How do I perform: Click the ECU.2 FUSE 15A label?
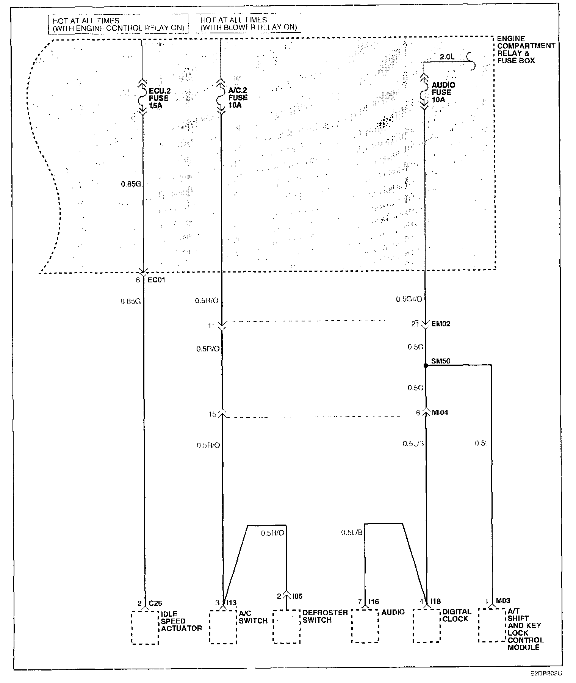pos(159,98)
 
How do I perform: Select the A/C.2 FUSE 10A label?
pos(238,97)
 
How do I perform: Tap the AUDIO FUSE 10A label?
pos(443,92)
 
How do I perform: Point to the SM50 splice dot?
pos(426,366)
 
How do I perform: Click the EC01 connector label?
pos(156,280)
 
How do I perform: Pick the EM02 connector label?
pos(441,324)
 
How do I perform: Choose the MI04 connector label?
pos(440,412)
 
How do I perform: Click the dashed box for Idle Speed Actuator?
pos(145,627)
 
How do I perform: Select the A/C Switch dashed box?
pos(223,627)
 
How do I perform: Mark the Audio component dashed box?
pos(365,626)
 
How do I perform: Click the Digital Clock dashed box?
pos(426,626)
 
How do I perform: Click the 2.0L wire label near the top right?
pos(446,57)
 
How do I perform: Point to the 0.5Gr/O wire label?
pos(409,299)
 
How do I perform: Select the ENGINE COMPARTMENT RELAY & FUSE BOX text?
pos(525,50)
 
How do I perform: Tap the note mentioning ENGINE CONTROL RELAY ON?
pos(118,24)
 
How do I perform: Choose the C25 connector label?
pos(155,603)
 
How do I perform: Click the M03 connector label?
pos(503,600)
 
